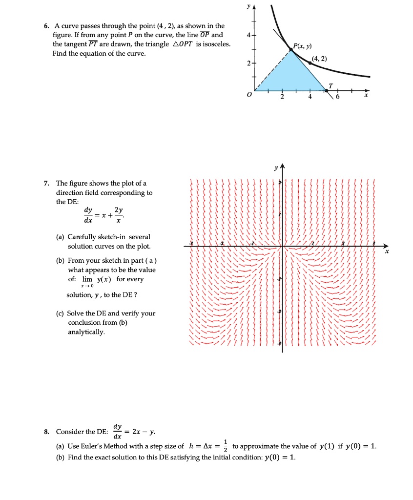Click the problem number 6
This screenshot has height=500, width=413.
44,26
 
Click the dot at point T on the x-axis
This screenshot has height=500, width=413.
327,91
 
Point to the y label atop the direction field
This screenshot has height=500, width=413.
276,167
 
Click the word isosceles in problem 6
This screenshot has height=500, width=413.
216,44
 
